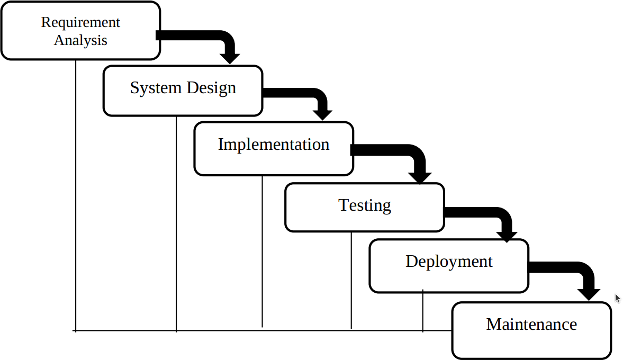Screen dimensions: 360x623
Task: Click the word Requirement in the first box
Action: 80,23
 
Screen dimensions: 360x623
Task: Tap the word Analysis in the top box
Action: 80,40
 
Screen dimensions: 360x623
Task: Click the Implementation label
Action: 274,145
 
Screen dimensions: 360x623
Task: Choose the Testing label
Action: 365,205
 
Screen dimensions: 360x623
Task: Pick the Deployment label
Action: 449,262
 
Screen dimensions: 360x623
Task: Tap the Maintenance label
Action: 531,324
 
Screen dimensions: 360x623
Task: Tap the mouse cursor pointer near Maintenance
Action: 617,298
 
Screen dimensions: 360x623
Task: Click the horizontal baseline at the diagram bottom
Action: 265,331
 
